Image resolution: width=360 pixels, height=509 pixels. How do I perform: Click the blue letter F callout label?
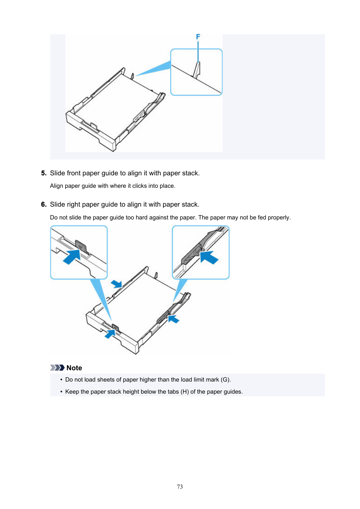click(x=198, y=37)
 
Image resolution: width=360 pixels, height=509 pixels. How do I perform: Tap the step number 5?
click(x=43, y=173)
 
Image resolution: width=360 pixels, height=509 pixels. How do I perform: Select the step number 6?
click(x=43, y=204)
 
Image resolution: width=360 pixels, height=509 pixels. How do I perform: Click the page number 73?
click(x=180, y=487)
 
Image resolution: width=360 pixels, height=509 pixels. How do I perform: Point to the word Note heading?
click(x=74, y=368)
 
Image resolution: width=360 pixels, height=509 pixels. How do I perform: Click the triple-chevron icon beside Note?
click(x=57, y=368)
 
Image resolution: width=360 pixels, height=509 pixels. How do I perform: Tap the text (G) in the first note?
click(x=225, y=380)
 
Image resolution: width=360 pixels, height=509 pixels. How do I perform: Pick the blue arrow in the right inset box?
click(x=209, y=258)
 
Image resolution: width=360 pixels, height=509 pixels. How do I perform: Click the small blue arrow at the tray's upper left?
click(x=117, y=284)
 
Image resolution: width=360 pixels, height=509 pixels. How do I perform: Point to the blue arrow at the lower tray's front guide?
click(x=110, y=334)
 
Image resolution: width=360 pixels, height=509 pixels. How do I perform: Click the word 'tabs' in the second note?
click(x=173, y=392)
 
